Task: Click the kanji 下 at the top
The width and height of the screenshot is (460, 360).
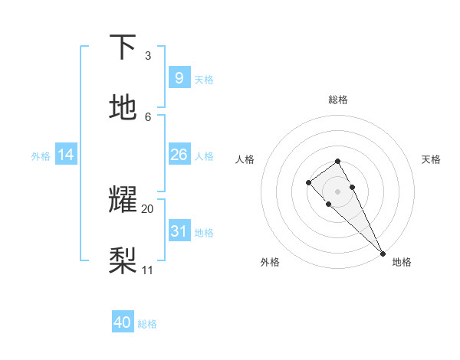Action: pyautogui.click(x=123, y=47)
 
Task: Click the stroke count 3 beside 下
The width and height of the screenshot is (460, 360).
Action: pyautogui.click(x=148, y=56)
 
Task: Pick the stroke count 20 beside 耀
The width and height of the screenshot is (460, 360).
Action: pyautogui.click(x=148, y=208)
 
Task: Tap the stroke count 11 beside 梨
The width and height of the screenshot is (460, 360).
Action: pyautogui.click(x=148, y=270)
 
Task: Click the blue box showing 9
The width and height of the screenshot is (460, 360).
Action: pyautogui.click(x=179, y=78)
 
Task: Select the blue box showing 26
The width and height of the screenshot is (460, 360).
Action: pyautogui.click(x=179, y=155)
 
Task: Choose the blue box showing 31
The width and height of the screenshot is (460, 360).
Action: pyautogui.click(x=179, y=231)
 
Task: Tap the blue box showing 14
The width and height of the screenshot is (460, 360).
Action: pyautogui.click(x=66, y=155)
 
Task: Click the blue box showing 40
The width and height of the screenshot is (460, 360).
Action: pyautogui.click(x=123, y=322)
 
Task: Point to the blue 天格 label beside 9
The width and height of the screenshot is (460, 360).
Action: pyautogui.click(x=204, y=80)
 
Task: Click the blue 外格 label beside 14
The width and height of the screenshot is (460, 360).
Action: pyautogui.click(x=41, y=156)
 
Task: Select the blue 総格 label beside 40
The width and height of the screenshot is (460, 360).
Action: pyautogui.click(x=147, y=324)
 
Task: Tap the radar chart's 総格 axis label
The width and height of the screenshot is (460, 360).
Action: pyautogui.click(x=338, y=100)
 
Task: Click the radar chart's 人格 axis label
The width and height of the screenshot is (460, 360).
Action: pyautogui.click(x=245, y=159)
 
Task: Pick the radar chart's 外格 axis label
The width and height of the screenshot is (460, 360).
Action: pyautogui.click(x=270, y=262)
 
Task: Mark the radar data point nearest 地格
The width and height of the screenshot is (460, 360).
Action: pyautogui.click(x=383, y=254)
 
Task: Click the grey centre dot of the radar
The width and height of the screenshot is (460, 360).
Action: pyautogui.click(x=338, y=191)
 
